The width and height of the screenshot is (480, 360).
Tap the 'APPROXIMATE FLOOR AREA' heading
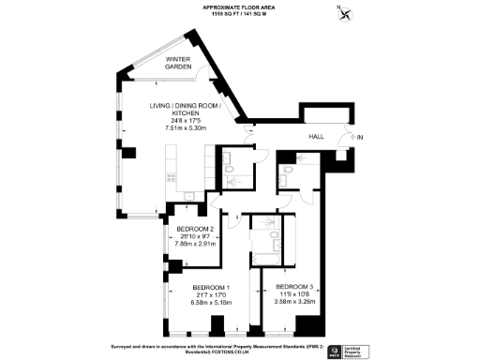point(240,7)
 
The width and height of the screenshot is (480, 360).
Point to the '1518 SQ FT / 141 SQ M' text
point(240,14)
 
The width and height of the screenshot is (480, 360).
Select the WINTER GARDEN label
point(178,63)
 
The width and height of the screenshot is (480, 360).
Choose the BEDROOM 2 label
point(197,229)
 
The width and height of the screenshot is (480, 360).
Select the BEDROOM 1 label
point(212,288)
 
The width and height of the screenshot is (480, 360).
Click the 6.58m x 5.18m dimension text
point(212,303)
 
